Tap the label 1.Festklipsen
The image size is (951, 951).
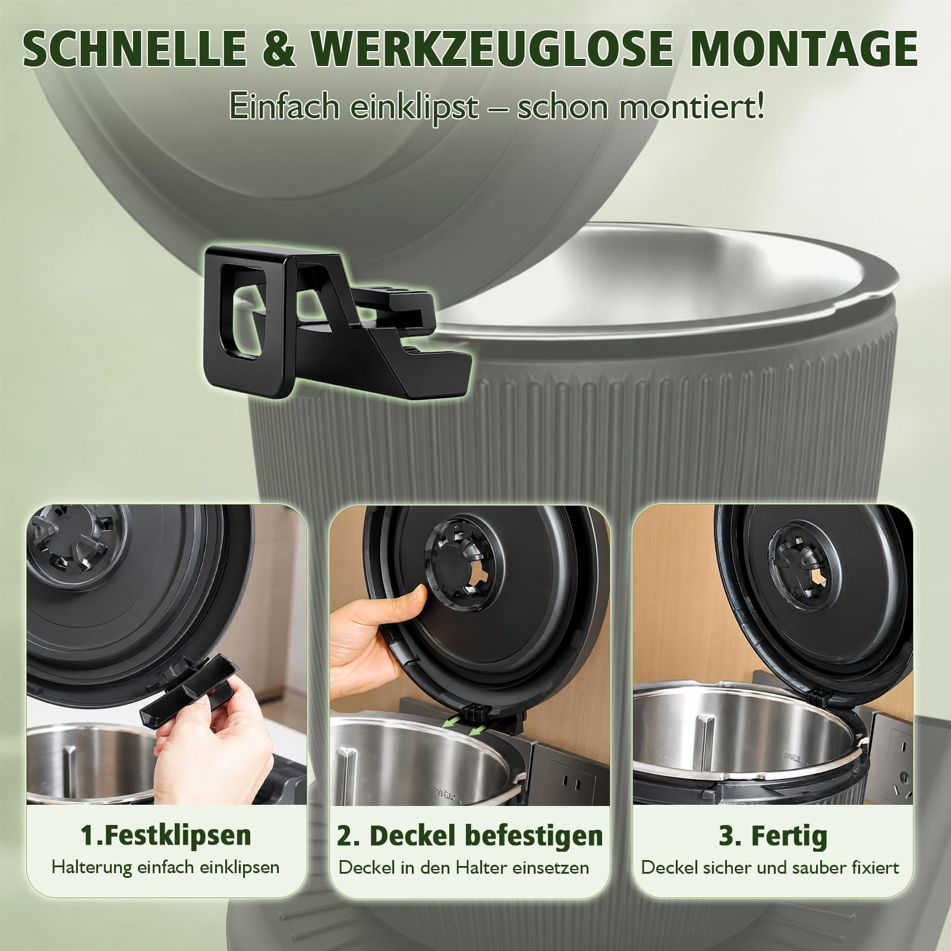(166, 835)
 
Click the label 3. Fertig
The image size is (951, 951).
(773, 835)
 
